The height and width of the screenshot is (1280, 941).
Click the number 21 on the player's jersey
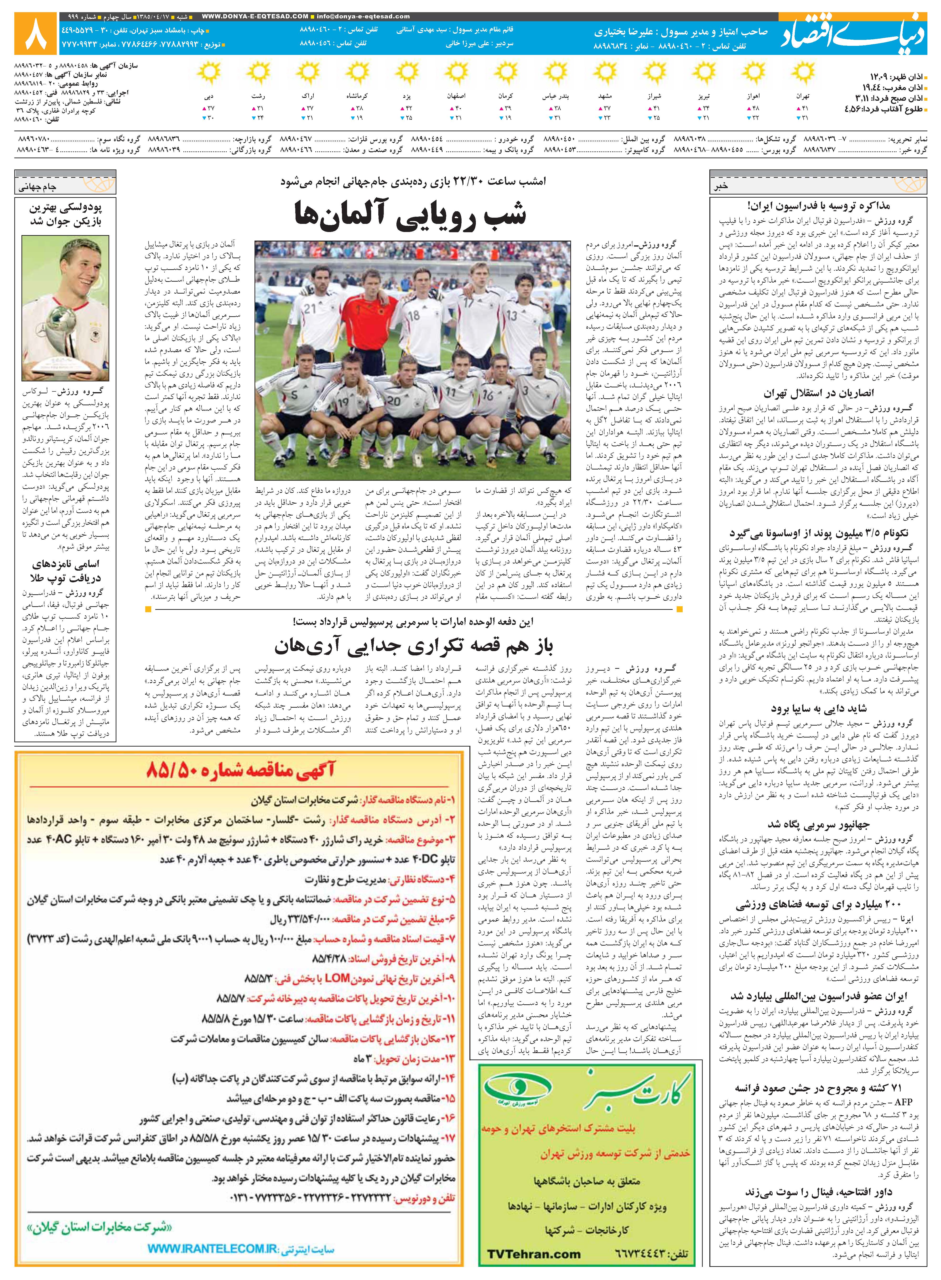click(309, 308)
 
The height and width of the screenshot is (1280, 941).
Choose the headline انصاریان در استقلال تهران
click(819, 393)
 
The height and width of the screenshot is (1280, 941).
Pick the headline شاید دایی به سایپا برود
click(819, 708)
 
